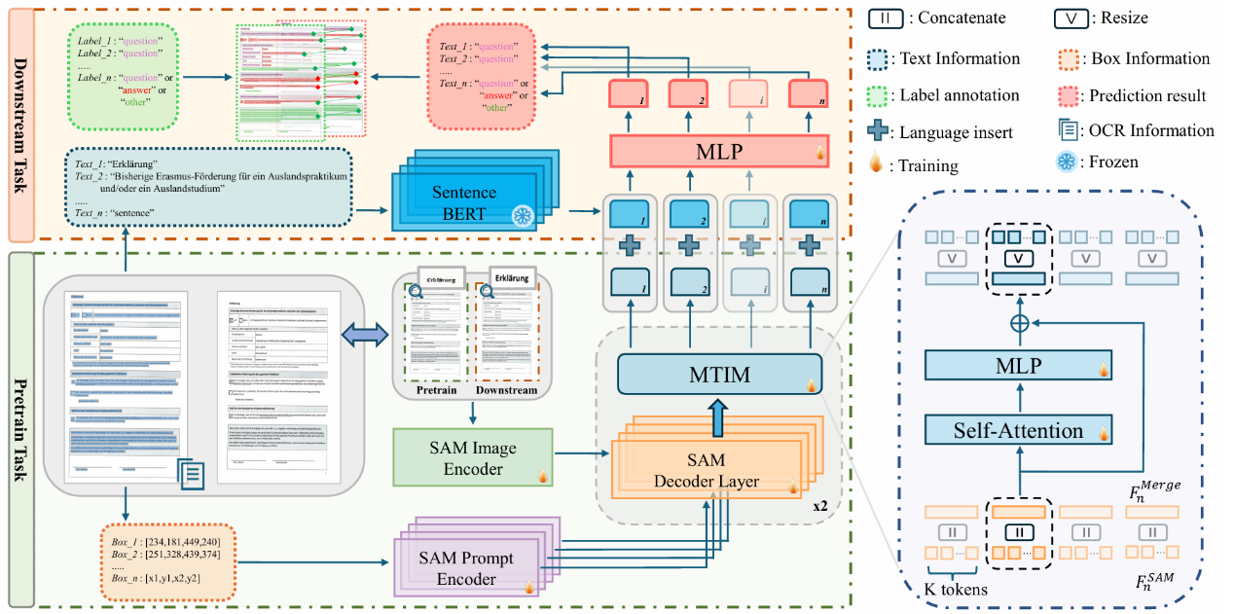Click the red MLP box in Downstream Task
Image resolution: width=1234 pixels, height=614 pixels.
(718, 152)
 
